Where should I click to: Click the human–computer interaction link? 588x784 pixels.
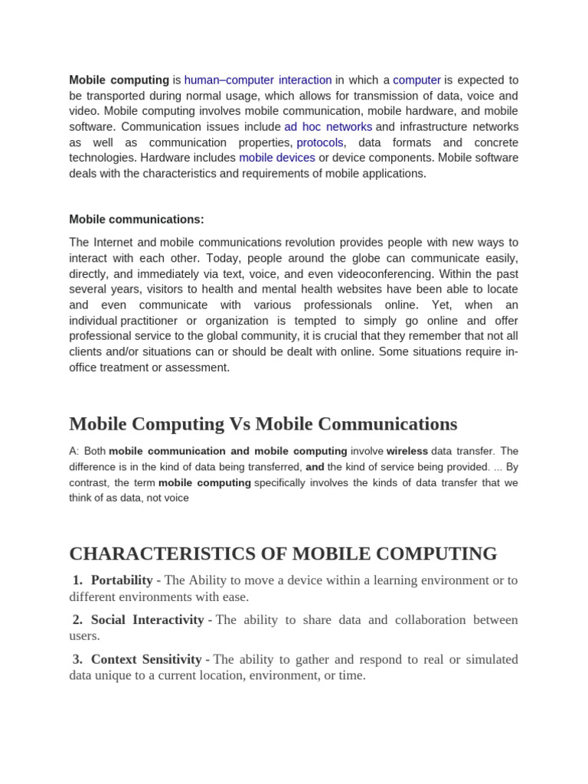[x=258, y=80]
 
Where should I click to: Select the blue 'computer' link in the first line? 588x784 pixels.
[x=416, y=80]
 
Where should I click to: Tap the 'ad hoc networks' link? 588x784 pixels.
[x=328, y=127]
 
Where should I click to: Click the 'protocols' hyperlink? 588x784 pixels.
[x=320, y=142]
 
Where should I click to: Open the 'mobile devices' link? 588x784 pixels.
[x=277, y=158]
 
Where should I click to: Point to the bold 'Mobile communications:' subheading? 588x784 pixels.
[x=136, y=220]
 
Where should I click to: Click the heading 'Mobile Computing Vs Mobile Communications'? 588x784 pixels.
[x=263, y=424]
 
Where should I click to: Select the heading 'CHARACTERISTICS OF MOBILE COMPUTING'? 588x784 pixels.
[x=283, y=554]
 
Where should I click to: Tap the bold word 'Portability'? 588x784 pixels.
[x=122, y=580]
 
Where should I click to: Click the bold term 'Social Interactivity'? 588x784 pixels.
[x=147, y=620]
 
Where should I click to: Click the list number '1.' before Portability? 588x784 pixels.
[x=77, y=580]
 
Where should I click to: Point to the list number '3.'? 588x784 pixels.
[x=77, y=659]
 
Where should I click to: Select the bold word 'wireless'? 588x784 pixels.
[x=407, y=452]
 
